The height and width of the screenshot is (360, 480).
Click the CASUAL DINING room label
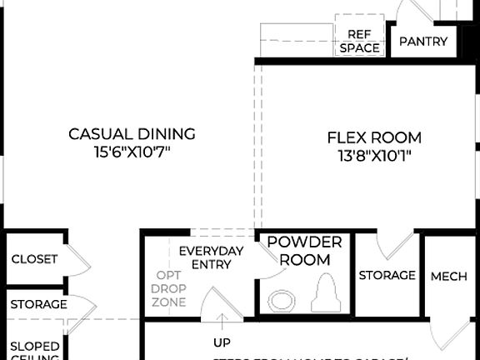[x=132, y=133]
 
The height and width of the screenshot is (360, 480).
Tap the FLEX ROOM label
[x=374, y=137]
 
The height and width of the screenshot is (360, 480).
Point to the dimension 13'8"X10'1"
[x=374, y=155]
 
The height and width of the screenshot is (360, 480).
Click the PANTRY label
[x=423, y=42]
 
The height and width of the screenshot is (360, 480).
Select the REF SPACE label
[x=359, y=41]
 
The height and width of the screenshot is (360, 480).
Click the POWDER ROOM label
[x=304, y=251]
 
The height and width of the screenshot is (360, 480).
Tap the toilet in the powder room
[x=324, y=295]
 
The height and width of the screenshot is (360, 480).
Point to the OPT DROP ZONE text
[x=169, y=288]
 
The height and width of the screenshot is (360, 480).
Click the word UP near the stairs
[x=222, y=342]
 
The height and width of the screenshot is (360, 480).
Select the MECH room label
[x=448, y=276]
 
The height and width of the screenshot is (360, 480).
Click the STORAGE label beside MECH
[x=387, y=275]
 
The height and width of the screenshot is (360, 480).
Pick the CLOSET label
[x=34, y=259]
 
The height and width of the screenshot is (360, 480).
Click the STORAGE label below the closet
[x=38, y=304]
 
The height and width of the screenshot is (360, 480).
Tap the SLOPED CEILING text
[x=34, y=351]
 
